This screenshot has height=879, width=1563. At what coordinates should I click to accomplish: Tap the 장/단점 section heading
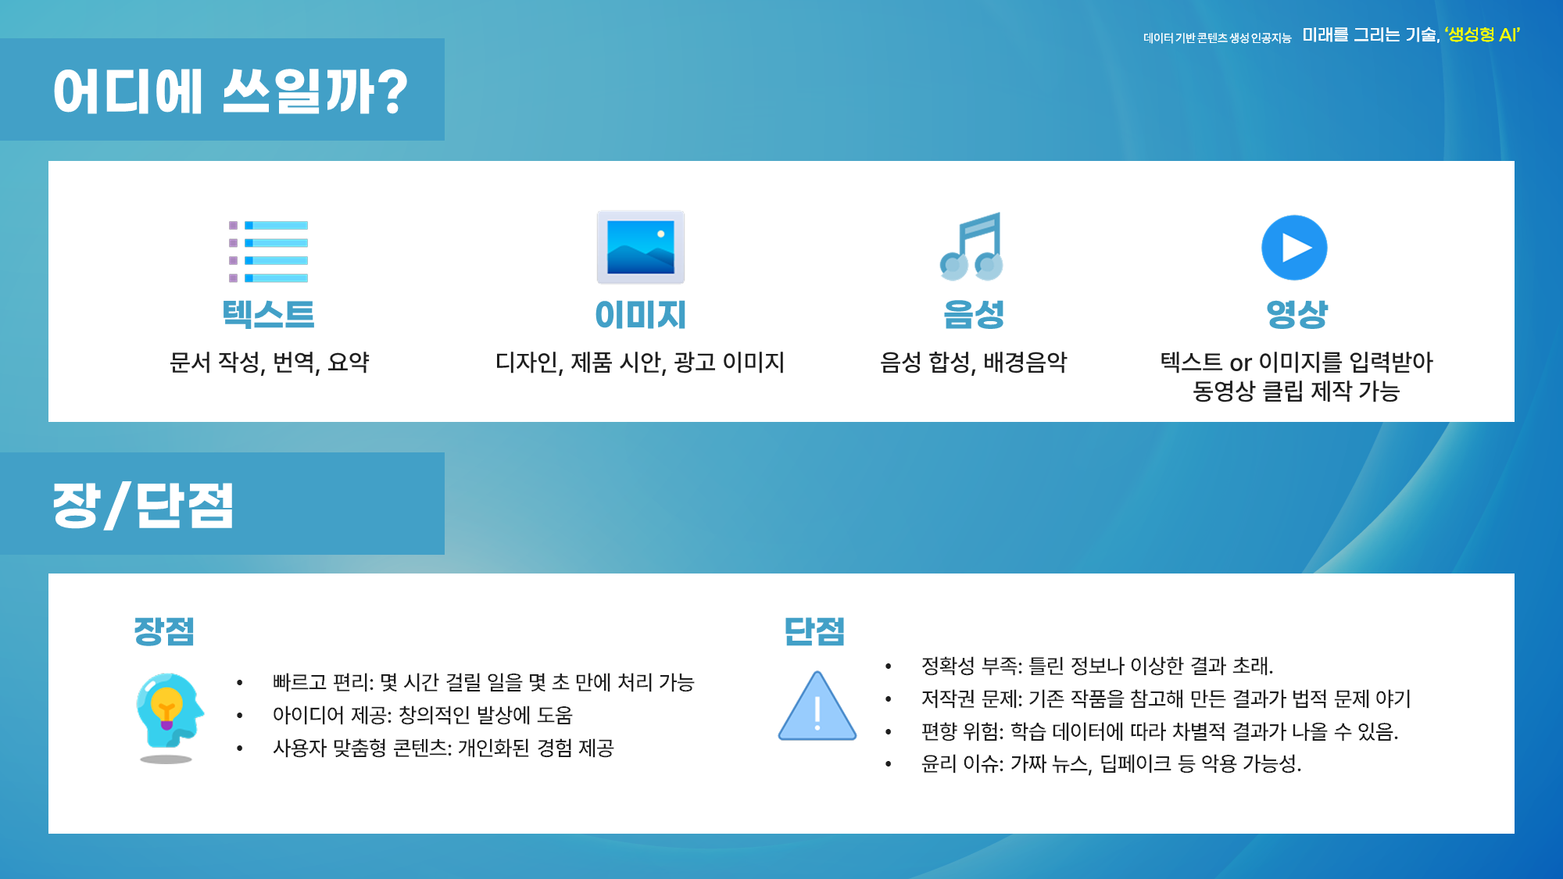pos(143,506)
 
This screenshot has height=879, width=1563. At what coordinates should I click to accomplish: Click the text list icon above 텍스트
pos(268,252)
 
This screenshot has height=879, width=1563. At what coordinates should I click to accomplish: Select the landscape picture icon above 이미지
pos(641,247)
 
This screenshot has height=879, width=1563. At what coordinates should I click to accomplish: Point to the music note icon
pos(971,246)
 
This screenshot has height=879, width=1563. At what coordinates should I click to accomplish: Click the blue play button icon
pos(1294,248)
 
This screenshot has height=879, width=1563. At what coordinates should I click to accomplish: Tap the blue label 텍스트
pos(268,314)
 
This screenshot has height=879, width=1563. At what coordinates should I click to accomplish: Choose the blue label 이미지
pos(641,315)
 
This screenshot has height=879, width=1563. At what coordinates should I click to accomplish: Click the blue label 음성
pos(973,314)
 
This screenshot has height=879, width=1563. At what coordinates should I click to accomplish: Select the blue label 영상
pos(1297,314)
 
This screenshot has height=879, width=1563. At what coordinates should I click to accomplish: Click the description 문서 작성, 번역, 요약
pos(269,363)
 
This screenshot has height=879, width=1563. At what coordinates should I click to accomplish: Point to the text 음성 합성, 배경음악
pos(973,363)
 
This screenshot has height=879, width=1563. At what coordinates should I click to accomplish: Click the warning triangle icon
pos(817,706)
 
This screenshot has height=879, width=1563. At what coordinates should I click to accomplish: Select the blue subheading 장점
pos(164,631)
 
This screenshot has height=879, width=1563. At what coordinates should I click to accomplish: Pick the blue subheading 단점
pos(814,631)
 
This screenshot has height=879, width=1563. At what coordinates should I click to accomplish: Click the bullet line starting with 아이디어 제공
pos(423,715)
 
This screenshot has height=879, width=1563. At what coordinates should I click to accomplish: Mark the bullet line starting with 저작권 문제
pos(1166,699)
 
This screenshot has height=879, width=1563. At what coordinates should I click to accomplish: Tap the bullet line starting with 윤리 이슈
pos(1111,763)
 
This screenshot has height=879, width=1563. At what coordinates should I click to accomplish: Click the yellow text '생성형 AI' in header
pos(1483,35)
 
